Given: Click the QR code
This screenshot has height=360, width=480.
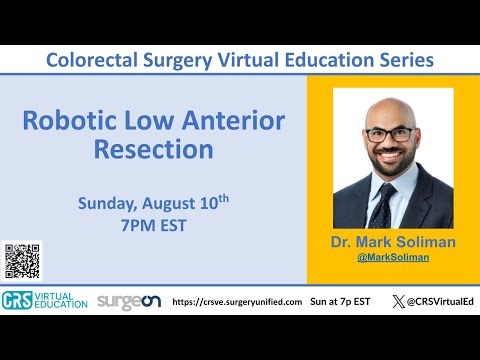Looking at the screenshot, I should tap(22, 261).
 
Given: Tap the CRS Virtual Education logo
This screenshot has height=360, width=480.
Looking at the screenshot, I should tap(45, 300).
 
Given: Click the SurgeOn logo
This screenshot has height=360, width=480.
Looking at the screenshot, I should tap(127, 301).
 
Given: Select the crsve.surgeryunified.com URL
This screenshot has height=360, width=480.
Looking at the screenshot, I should tap(237, 301).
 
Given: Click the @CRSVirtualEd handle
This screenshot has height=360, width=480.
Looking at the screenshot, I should tap(433, 301).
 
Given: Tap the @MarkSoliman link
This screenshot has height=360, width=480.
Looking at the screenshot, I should tap(392, 258).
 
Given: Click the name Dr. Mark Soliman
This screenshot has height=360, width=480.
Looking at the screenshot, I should tap(392, 243).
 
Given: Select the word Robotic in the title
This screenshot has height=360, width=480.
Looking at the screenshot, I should tap(68, 123).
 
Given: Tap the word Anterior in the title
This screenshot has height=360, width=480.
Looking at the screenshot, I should tap(236, 123).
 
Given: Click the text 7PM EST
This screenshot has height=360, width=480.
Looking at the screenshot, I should tap(153, 225).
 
